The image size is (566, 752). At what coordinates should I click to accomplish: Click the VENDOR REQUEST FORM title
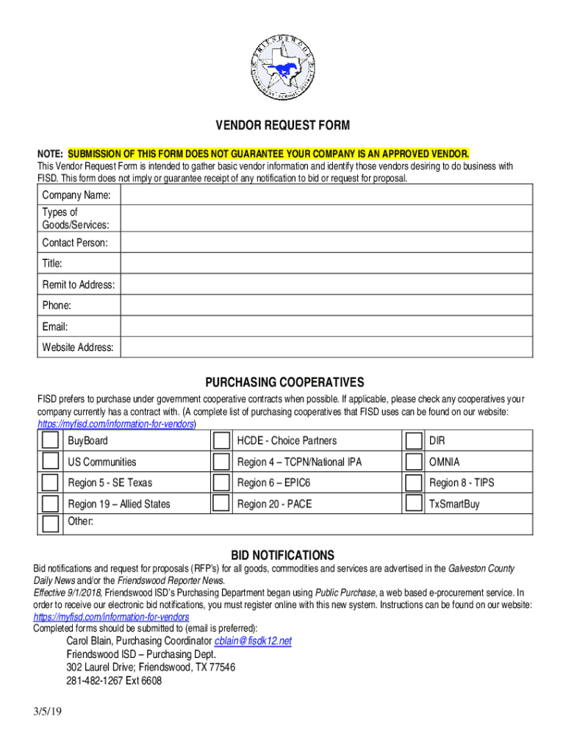[x=282, y=126]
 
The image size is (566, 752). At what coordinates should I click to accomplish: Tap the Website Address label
[x=78, y=347]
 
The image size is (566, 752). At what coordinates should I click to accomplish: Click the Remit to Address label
[x=78, y=284]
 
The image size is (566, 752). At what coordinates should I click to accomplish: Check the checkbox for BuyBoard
[x=50, y=441]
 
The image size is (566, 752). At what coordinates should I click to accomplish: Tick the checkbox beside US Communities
[x=50, y=461]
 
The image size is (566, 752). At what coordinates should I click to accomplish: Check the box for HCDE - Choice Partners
[x=221, y=441]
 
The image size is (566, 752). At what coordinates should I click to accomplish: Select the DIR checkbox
[x=413, y=441]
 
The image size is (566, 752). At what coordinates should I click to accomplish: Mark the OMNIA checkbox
[x=413, y=461]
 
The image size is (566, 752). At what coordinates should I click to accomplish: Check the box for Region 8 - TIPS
[x=413, y=482]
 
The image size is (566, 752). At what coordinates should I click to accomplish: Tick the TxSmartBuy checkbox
[x=413, y=503]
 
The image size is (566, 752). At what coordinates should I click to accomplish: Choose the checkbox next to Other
[x=50, y=524]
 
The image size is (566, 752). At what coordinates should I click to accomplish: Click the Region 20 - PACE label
[x=274, y=505]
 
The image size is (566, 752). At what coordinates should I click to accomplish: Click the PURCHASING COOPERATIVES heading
[x=284, y=383]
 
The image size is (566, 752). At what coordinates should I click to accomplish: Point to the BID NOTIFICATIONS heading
[x=282, y=555]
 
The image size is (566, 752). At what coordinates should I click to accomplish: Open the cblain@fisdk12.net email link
[x=252, y=641]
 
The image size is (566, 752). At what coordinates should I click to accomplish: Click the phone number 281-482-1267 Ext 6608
[x=114, y=681]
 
